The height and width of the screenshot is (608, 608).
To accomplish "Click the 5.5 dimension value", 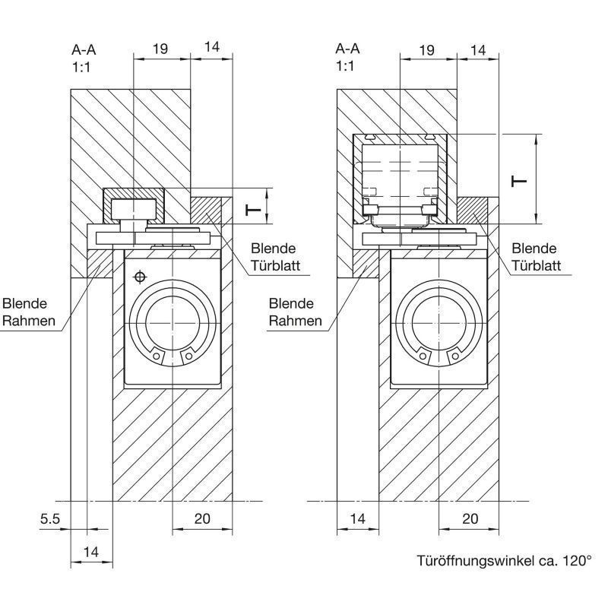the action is [50, 518].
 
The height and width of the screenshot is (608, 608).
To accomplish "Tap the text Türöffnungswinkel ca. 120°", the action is [505, 561].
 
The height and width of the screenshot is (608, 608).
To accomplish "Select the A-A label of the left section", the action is [84, 49].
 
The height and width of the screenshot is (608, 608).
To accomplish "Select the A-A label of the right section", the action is [347, 49].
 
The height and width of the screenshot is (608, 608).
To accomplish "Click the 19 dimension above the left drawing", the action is [160, 49].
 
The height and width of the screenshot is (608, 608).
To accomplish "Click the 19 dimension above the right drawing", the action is [426, 50].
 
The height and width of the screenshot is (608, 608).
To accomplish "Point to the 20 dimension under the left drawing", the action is [202, 518].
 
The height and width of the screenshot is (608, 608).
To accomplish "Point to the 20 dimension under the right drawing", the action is [470, 518].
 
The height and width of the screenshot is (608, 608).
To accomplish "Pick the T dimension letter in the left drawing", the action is [254, 211].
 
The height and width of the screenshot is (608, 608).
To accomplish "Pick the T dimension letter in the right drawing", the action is [519, 181].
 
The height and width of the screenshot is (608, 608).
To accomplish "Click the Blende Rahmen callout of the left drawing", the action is [28, 312].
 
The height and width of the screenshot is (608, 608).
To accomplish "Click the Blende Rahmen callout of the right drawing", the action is [295, 312].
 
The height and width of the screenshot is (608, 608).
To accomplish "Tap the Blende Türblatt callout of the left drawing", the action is [275, 257].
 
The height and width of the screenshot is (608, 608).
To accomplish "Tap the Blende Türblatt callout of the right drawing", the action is [536, 257].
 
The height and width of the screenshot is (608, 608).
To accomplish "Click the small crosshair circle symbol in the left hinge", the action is [140, 277].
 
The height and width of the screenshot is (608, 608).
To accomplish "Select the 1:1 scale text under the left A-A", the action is [81, 68].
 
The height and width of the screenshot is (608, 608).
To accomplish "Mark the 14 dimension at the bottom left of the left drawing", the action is [90, 552].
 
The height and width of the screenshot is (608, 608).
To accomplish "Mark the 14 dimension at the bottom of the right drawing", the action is [357, 518].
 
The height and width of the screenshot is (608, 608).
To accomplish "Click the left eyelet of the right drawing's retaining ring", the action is [423, 356].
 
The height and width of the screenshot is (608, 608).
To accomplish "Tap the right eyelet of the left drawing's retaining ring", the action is [188, 356].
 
